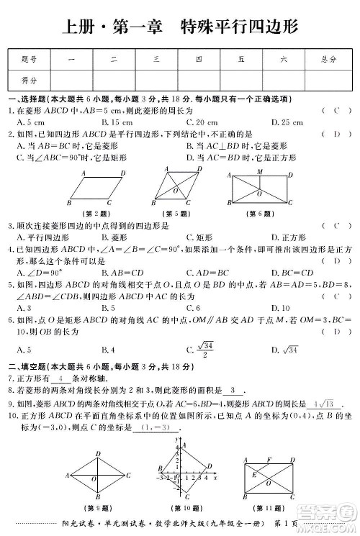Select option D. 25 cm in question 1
(x=287, y=123)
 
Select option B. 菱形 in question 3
(x=115, y=237)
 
